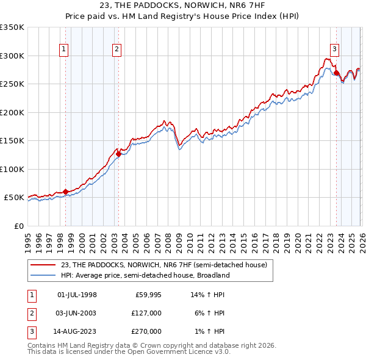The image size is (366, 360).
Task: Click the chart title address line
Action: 183,5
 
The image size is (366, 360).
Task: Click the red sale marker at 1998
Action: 65,192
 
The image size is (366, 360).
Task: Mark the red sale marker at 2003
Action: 118,154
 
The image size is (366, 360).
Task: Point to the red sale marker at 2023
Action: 336,73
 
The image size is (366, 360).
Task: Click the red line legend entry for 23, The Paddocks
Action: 163,265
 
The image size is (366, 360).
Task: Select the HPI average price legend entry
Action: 145,275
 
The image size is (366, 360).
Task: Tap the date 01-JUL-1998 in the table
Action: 77,295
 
